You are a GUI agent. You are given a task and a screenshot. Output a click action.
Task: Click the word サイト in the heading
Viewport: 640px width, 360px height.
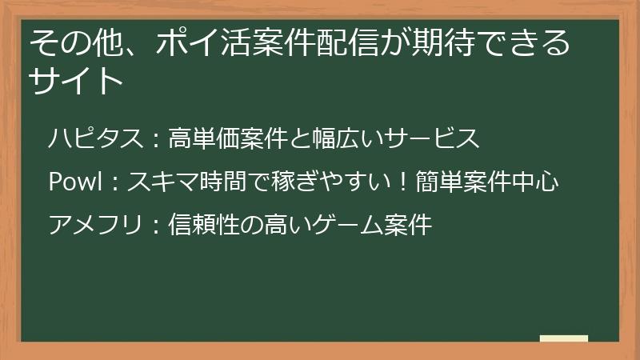(x=77, y=81)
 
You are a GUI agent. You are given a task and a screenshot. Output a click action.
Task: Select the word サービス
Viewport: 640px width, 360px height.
(x=432, y=138)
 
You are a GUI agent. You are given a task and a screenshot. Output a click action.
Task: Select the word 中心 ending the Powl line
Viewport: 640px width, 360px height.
(x=539, y=182)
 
